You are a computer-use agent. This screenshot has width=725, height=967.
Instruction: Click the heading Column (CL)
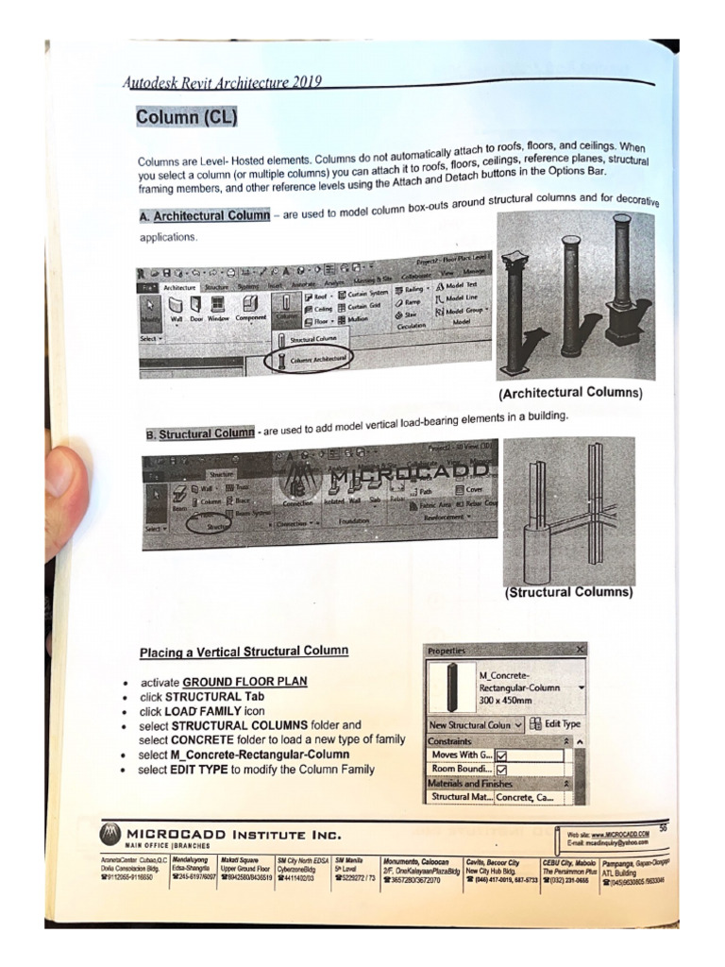coord(185,117)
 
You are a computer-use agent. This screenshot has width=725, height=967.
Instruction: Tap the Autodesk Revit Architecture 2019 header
coord(223,81)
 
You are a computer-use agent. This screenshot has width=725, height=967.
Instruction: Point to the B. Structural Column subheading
coord(200,433)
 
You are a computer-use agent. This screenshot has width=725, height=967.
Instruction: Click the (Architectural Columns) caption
coord(570,392)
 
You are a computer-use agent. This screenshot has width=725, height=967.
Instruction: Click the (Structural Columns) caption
coord(568,592)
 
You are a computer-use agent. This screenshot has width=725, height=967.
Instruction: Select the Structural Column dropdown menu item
coord(312,337)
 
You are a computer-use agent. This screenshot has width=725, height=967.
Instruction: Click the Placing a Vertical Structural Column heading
coord(244,652)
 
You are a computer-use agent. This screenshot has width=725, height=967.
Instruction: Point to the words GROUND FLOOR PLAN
coord(244,682)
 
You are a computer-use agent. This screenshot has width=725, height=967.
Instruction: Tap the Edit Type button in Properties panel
coord(556,723)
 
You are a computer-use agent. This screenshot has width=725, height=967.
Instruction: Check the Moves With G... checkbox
coord(501,755)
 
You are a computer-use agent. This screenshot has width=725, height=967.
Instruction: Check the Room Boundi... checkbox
coord(501,770)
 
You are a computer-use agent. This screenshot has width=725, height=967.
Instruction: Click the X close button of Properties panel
coord(579,650)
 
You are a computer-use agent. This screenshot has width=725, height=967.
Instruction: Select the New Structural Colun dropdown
coord(475,724)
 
